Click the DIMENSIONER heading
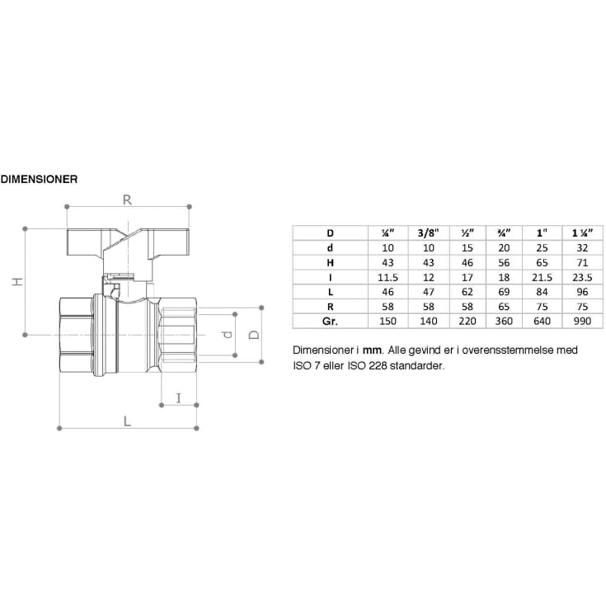[40, 177]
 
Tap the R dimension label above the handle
[128, 199]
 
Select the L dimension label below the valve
[126, 420]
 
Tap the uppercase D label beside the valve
[254, 335]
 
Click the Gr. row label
[330, 320]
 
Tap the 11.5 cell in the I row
[388, 277]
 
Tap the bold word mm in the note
[371, 350]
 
